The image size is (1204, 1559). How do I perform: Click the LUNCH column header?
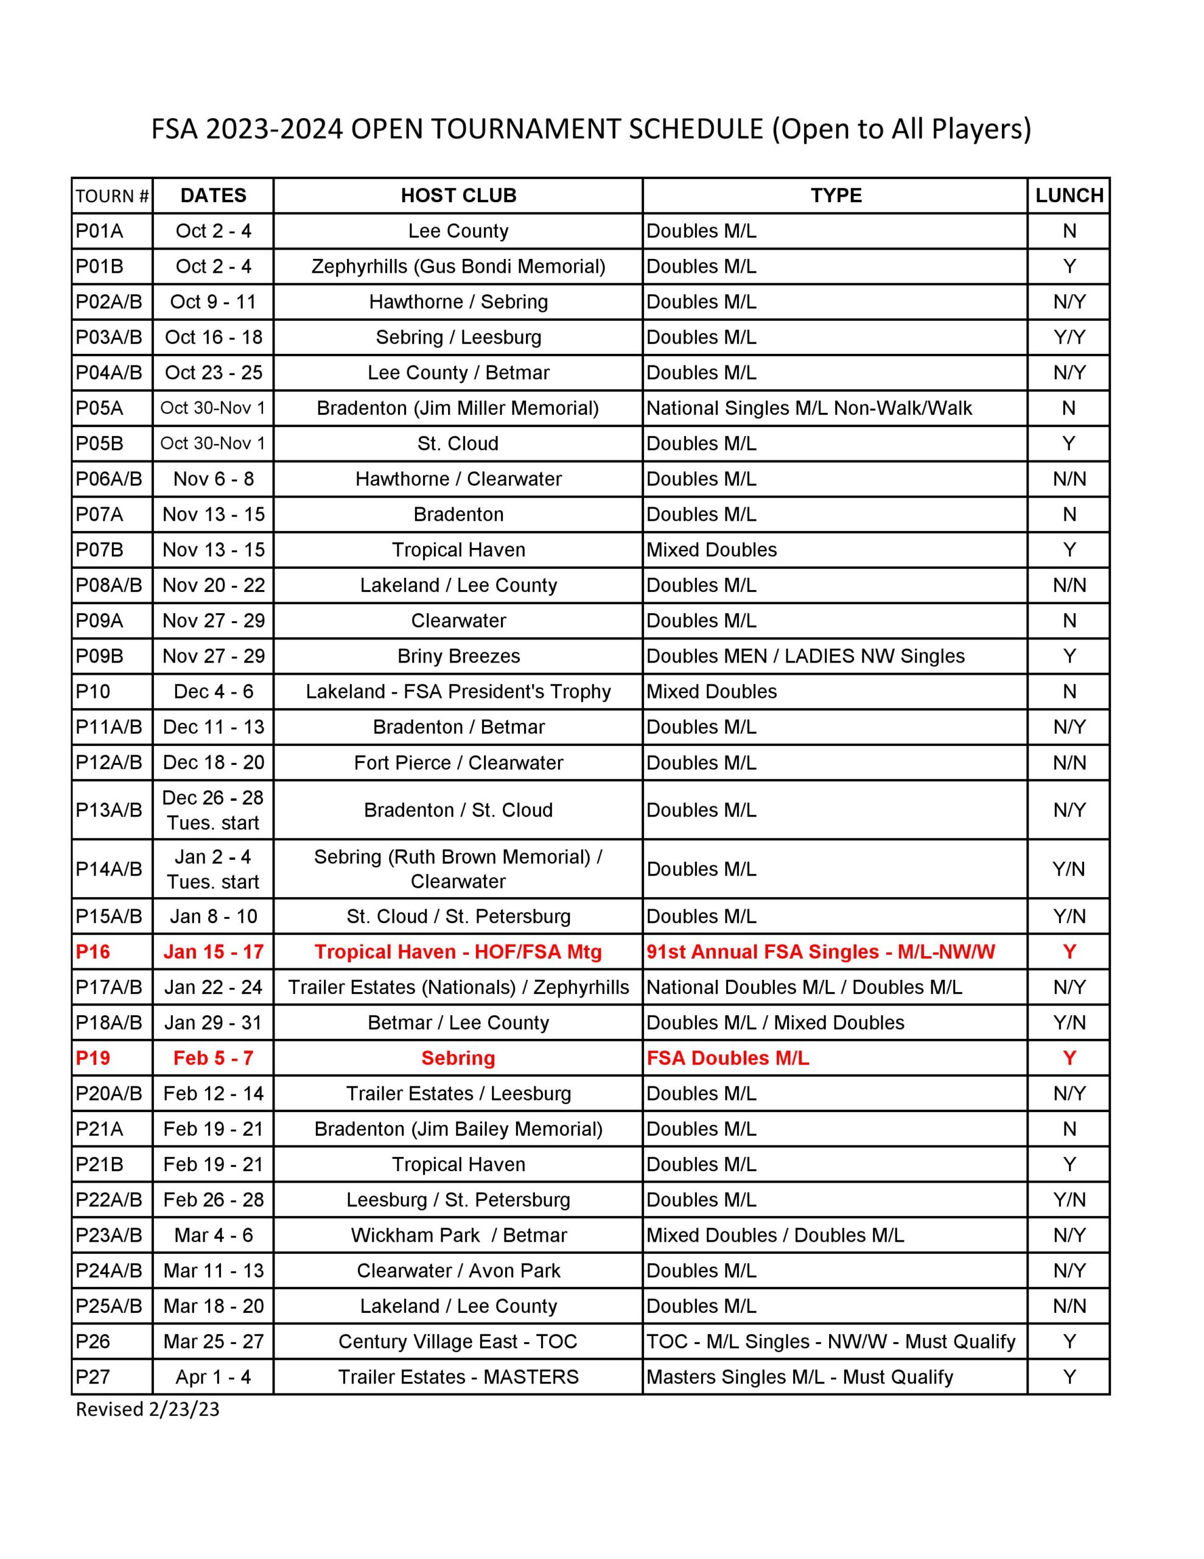(1068, 195)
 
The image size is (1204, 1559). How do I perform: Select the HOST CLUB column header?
(458, 195)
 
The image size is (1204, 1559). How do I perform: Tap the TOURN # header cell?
(112, 196)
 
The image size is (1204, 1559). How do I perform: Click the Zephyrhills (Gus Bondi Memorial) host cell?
(458, 266)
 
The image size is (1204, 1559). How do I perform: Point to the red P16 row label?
(93, 951)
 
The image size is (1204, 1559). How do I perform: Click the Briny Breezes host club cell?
(458, 656)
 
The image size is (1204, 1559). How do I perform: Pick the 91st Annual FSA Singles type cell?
(820, 951)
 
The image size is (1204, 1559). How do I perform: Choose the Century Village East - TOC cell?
(458, 1341)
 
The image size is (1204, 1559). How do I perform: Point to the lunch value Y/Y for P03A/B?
(1068, 337)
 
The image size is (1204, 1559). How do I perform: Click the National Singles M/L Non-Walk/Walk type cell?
(808, 408)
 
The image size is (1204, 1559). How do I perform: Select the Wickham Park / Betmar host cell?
(458, 1235)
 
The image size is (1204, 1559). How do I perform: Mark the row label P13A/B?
(109, 810)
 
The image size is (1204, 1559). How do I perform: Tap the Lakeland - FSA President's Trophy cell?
(458, 692)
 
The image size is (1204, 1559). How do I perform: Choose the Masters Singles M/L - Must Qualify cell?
(799, 1377)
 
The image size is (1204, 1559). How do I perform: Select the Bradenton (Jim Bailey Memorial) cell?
(458, 1128)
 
